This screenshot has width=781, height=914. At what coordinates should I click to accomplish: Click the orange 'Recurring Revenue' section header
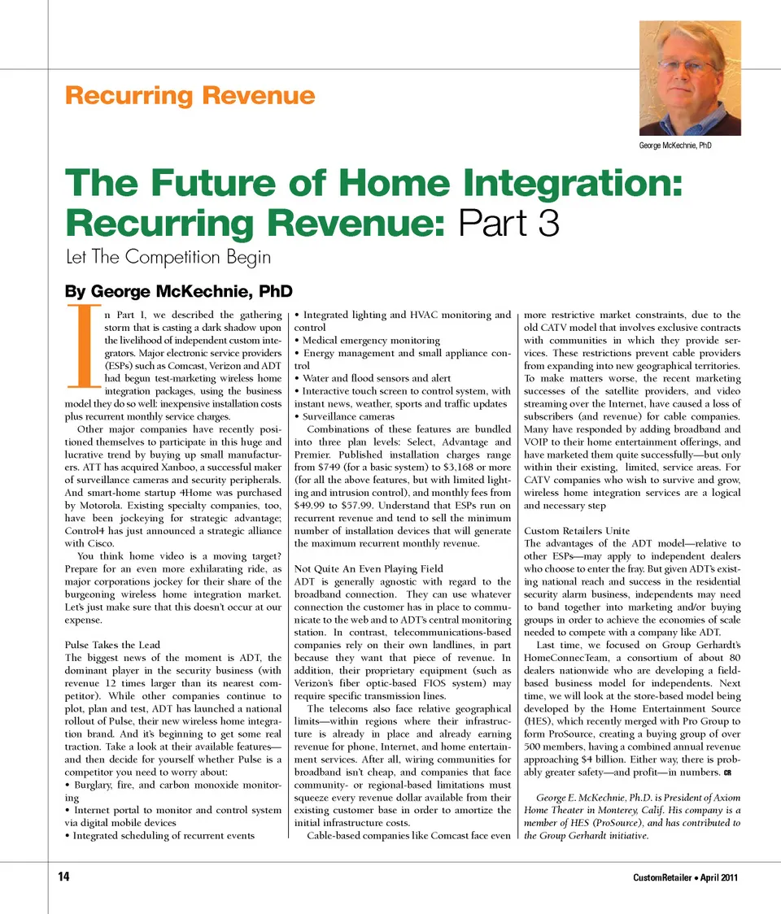point(189,96)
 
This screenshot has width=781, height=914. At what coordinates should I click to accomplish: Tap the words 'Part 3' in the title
point(509,222)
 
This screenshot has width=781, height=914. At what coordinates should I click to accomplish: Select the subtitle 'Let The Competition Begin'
point(168,258)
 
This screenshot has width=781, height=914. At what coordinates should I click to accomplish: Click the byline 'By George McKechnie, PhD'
point(178,291)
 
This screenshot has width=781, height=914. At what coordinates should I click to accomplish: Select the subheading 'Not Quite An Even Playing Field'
point(369,568)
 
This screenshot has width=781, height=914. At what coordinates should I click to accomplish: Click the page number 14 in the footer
point(63,877)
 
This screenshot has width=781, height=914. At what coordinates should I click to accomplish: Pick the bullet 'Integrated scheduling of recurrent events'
point(163,835)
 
